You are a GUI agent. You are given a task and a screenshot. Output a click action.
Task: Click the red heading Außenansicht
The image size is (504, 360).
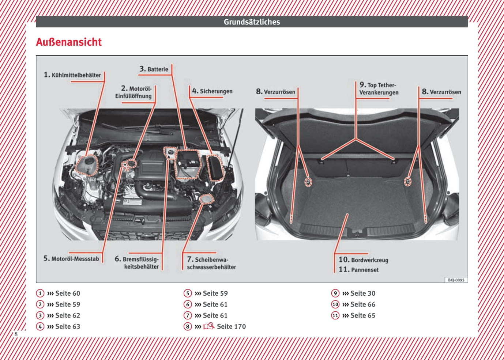[x=69, y=42]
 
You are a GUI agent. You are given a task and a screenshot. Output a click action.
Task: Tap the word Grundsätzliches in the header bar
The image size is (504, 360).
[x=252, y=22]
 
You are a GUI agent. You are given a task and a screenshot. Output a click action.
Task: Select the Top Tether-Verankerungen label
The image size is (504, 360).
[x=379, y=88]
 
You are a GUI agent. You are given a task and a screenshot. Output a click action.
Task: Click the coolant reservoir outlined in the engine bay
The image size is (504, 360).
[x=87, y=166]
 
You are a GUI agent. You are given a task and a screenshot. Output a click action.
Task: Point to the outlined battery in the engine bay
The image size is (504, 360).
[x=187, y=164]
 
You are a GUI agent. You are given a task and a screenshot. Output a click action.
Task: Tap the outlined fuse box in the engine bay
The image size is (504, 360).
[x=215, y=168]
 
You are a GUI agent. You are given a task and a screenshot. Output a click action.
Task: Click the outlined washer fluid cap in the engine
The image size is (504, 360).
[x=206, y=199]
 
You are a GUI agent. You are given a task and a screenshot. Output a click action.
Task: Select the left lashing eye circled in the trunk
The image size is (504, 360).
[x=308, y=182]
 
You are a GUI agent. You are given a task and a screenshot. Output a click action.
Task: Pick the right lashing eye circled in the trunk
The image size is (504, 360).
[x=407, y=181]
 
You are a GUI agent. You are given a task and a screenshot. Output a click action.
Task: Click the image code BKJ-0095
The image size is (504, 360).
[x=456, y=280]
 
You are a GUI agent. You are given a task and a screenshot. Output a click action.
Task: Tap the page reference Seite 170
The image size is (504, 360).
[x=231, y=326]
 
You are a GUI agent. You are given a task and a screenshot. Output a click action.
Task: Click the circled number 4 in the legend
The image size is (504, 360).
[x=40, y=326]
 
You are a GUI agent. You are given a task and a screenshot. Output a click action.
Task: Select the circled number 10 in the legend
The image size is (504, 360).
[x=335, y=304]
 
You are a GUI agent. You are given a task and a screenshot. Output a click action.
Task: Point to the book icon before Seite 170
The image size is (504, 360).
[x=208, y=326]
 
